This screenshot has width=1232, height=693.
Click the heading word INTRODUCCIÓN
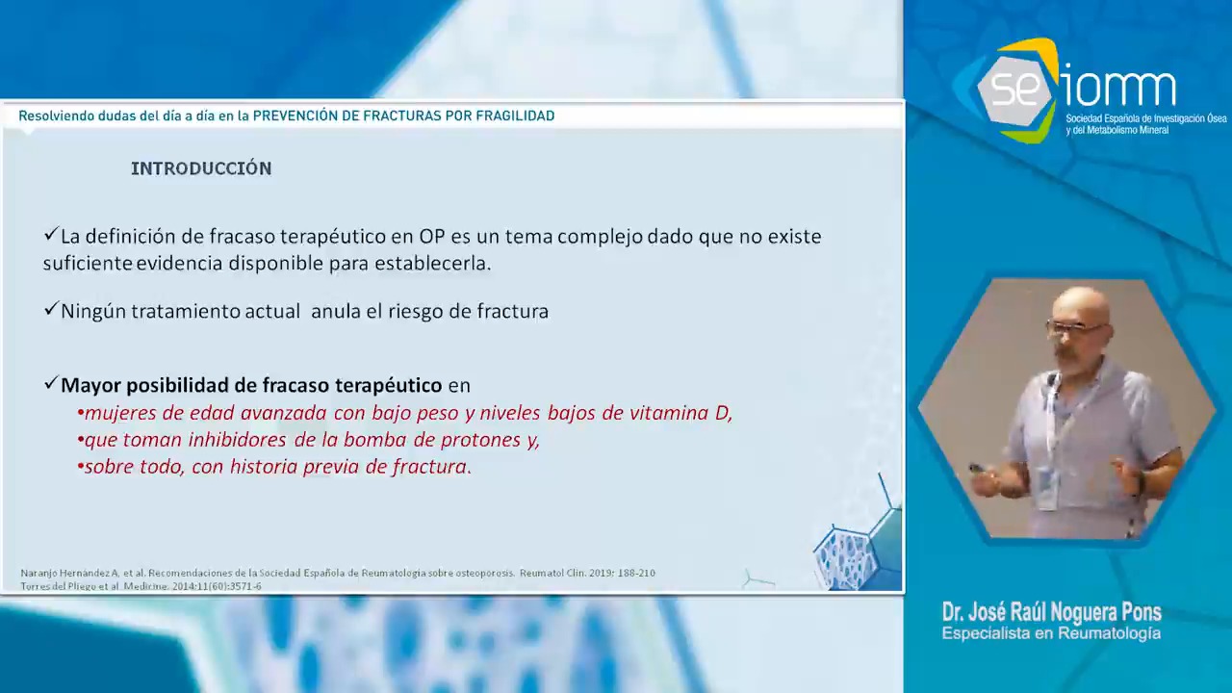tap(201, 168)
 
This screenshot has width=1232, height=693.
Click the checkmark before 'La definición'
tap(51, 234)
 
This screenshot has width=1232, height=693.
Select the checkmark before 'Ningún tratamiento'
tap(51, 309)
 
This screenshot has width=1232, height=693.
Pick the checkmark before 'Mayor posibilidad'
tap(51, 383)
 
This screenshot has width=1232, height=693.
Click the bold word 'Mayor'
tap(90, 386)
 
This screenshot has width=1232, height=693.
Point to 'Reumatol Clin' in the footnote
tap(552, 573)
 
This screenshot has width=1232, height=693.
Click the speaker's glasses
tap(1075, 328)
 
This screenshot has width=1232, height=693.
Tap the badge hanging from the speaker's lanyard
tap(1047, 487)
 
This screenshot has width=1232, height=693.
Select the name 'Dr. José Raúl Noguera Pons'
tap(1052, 611)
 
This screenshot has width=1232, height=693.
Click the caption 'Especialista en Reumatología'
tap(1051, 633)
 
